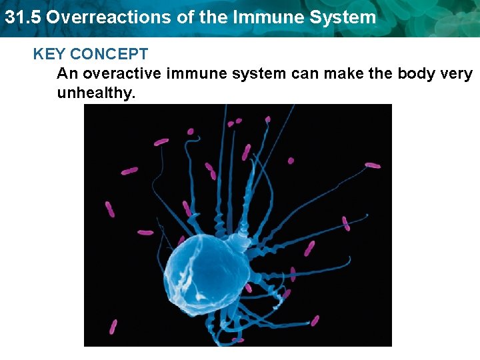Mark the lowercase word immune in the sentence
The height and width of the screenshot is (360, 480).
194,73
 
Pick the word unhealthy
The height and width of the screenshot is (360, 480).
96,93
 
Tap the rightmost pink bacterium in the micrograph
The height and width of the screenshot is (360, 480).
372,165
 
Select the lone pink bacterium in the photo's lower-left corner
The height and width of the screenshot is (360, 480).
113,327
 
